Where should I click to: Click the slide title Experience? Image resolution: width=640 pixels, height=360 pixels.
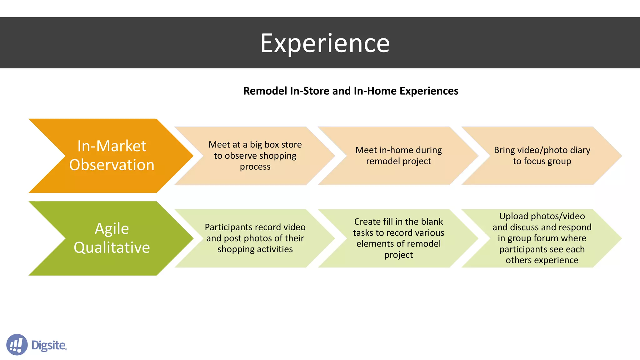coord(325,43)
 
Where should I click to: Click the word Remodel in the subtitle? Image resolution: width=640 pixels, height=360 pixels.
coord(265,91)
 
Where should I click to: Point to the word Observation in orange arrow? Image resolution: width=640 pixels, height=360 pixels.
coord(112,165)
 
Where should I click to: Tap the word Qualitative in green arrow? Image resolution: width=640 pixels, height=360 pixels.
coord(112,247)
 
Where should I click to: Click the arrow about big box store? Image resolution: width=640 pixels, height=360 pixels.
coord(255,156)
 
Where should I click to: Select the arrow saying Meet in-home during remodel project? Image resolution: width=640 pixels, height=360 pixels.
coord(398,156)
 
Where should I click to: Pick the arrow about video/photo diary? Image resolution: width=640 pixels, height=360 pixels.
coord(542,156)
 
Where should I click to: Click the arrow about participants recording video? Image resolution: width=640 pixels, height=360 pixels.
coord(255,238)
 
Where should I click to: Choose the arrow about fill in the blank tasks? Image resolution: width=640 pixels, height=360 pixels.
coord(398,238)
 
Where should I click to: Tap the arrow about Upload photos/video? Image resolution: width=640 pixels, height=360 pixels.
coord(542,238)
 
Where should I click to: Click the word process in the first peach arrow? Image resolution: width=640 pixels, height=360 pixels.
coord(255,167)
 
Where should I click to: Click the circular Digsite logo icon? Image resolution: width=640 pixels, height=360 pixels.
coord(17,345)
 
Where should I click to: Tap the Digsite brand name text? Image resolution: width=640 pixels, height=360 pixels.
coord(49,345)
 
